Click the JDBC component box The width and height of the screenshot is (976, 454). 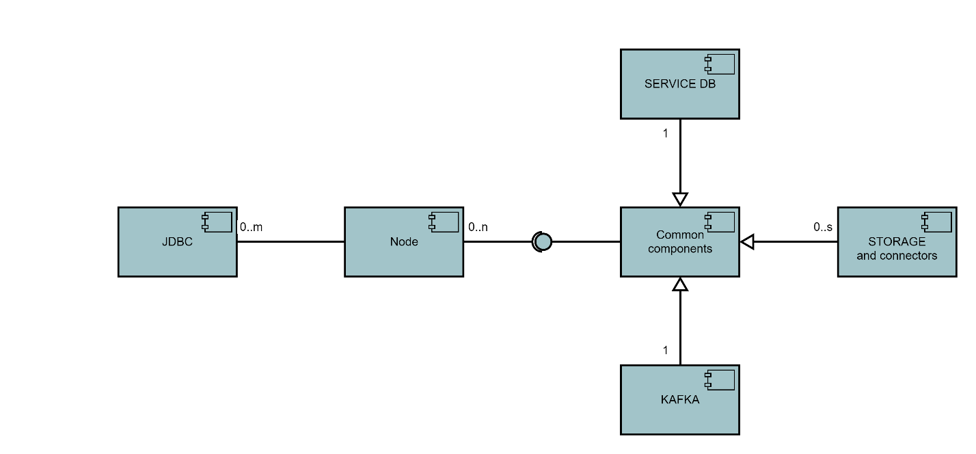pos(177,253)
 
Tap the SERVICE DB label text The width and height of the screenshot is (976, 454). pos(679,84)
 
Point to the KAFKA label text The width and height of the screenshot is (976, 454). pos(680,400)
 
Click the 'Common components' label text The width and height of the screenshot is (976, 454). pos(679,242)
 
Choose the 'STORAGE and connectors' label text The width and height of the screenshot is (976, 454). pos(897,249)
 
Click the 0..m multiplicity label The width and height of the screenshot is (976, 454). pos(251,227)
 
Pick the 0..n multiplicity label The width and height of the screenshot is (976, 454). pos(478,227)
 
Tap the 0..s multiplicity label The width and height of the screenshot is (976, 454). pos(823,227)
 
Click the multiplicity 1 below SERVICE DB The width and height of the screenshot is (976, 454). pos(665,134)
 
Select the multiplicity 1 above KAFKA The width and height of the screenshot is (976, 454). pos(665,351)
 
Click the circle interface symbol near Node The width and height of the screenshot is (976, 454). pos(542,241)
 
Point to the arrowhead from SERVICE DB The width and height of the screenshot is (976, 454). pos(679,199)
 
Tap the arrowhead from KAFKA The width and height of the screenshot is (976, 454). pos(679,284)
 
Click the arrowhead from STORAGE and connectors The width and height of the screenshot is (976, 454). pos(747,241)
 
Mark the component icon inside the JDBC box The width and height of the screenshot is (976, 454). pos(217,222)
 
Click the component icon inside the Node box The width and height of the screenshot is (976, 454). pos(443,222)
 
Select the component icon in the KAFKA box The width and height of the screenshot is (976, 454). pos(719,380)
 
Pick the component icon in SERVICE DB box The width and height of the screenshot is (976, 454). pos(719,64)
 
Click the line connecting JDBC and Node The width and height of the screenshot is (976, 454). pos(290,241)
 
